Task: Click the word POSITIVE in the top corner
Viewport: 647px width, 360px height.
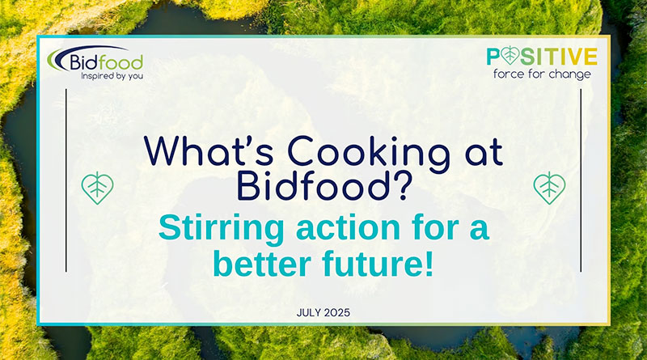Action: coord(542,56)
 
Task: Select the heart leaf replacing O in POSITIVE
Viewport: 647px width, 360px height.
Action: coord(511,56)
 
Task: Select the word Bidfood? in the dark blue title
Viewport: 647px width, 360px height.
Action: coord(323,185)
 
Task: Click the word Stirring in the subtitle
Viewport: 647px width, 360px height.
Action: coord(212,229)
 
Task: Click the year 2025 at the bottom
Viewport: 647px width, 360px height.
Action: coord(339,311)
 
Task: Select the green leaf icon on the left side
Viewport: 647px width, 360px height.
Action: coord(98,188)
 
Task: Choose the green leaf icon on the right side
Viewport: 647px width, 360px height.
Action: coord(549,188)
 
